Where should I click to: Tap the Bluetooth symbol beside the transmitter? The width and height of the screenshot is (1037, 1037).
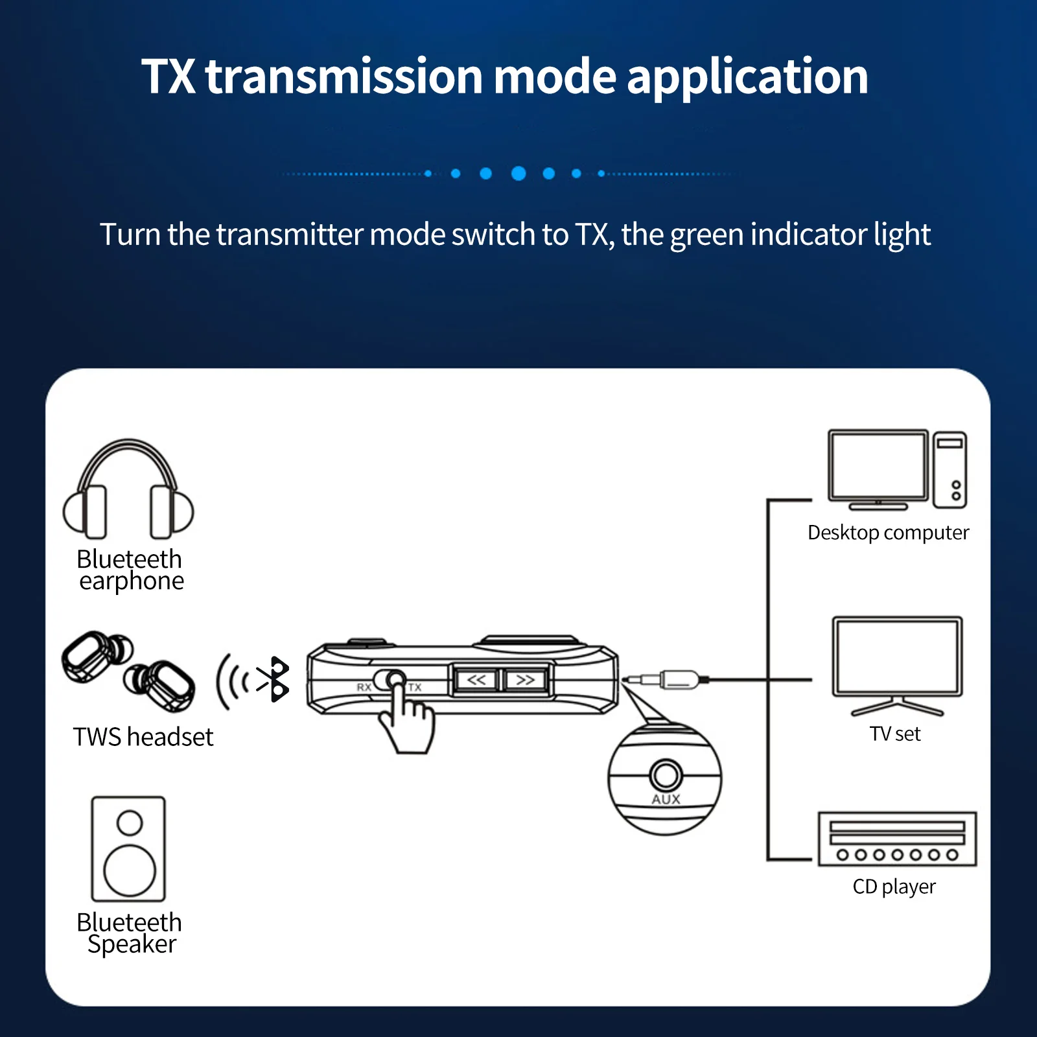click(274, 679)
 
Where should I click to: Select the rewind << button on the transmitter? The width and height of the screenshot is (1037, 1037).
click(476, 680)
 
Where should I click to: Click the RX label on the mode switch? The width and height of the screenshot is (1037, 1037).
click(364, 687)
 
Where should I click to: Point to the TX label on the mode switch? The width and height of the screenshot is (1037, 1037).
click(415, 687)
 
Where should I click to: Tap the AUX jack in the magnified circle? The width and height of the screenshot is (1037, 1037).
click(666, 775)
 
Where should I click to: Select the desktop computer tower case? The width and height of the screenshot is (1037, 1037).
click(950, 470)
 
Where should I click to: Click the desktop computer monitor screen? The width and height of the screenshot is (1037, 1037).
click(878, 465)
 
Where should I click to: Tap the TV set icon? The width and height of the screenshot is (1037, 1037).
click(897, 665)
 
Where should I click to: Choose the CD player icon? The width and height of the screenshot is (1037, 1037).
click(897, 839)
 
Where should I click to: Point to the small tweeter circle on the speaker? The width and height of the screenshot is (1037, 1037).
click(130, 823)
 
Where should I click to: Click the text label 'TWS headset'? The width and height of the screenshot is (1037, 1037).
click(143, 737)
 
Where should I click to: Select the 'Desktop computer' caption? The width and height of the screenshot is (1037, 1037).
click(888, 533)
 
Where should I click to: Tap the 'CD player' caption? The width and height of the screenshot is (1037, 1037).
click(894, 887)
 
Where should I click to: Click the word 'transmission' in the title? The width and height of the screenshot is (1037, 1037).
click(344, 76)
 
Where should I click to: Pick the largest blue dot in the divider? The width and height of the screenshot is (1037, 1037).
click(518, 173)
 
